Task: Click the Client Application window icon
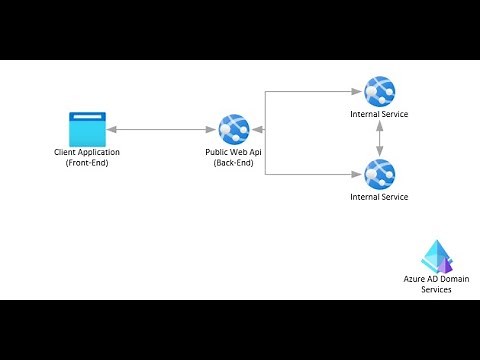[86, 129]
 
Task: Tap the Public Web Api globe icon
[234, 129]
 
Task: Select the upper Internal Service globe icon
[379, 92]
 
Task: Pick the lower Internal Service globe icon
[379, 175]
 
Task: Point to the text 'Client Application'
[86, 151]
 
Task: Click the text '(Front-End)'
[86, 162]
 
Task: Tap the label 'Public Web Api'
[234, 151]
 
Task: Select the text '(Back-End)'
[234, 162]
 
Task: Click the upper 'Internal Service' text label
[379, 114]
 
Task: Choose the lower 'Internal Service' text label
[379, 197]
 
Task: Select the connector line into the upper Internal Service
[310, 92]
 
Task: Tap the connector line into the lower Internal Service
[310, 175]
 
